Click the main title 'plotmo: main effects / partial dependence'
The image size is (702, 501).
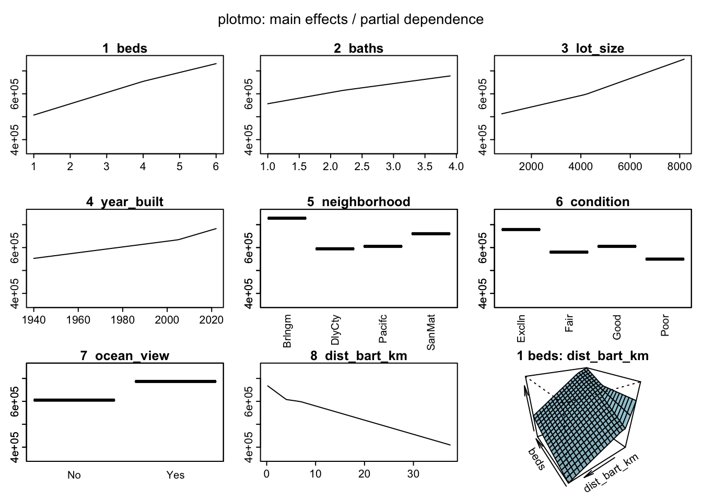[350, 20]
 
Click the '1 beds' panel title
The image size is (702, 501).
[125, 49]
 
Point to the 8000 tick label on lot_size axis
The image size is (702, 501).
[679, 166]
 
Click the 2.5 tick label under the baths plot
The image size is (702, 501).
[361, 166]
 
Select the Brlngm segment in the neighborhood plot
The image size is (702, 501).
[287, 218]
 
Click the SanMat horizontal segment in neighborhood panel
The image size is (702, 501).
[431, 234]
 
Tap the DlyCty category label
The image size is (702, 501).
[336, 330]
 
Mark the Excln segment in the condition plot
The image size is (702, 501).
[521, 229]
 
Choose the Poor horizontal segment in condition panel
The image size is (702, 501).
[665, 259]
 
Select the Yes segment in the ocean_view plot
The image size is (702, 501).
[175, 381]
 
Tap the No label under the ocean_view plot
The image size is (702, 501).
[74, 475]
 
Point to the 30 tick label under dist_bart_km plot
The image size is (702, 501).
[413, 474]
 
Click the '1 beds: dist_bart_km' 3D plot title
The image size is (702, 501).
[582, 356]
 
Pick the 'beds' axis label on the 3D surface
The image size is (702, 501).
[536, 458]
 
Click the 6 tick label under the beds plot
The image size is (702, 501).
[216, 166]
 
